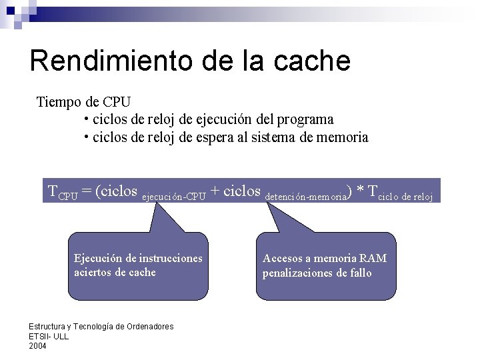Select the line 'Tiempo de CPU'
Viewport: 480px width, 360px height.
[83, 102]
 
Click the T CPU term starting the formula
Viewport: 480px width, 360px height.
[63, 192]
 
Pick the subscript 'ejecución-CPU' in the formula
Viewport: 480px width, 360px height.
[175, 197]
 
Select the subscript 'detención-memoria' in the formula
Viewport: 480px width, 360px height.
[305, 197]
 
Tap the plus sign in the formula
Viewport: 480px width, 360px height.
[215, 191]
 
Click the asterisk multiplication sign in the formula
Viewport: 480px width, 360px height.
[361, 192]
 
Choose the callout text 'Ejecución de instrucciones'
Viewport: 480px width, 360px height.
[138, 258]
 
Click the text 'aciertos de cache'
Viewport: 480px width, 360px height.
[115, 272]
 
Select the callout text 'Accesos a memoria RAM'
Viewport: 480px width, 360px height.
[325, 258]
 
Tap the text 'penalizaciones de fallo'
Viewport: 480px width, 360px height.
[317, 273]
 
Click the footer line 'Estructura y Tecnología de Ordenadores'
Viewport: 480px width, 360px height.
[101, 327]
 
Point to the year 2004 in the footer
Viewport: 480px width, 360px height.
[38, 345]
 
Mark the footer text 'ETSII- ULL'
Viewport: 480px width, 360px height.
[49, 336]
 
